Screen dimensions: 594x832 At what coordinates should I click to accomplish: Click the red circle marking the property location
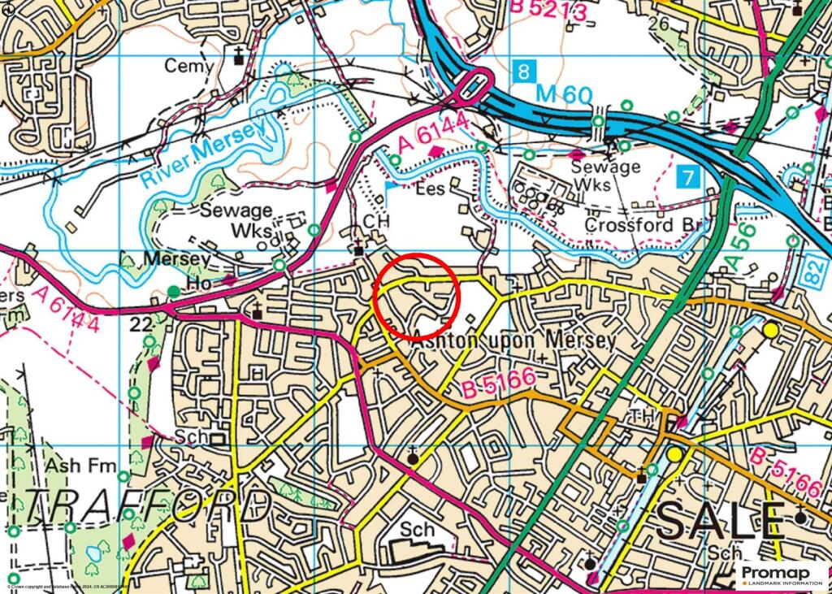click(x=417, y=296)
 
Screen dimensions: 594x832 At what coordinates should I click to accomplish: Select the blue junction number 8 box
click(x=526, y=71)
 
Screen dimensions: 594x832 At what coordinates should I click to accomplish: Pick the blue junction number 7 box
click(x=688, y=176)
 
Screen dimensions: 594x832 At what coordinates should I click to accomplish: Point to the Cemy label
click(x=189, y=66)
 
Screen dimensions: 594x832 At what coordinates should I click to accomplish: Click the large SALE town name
click(x=721, y=520)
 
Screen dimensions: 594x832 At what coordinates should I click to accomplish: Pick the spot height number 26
click(x=658, y=24)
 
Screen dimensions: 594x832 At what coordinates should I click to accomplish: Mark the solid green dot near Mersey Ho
click(x=173, y=291)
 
